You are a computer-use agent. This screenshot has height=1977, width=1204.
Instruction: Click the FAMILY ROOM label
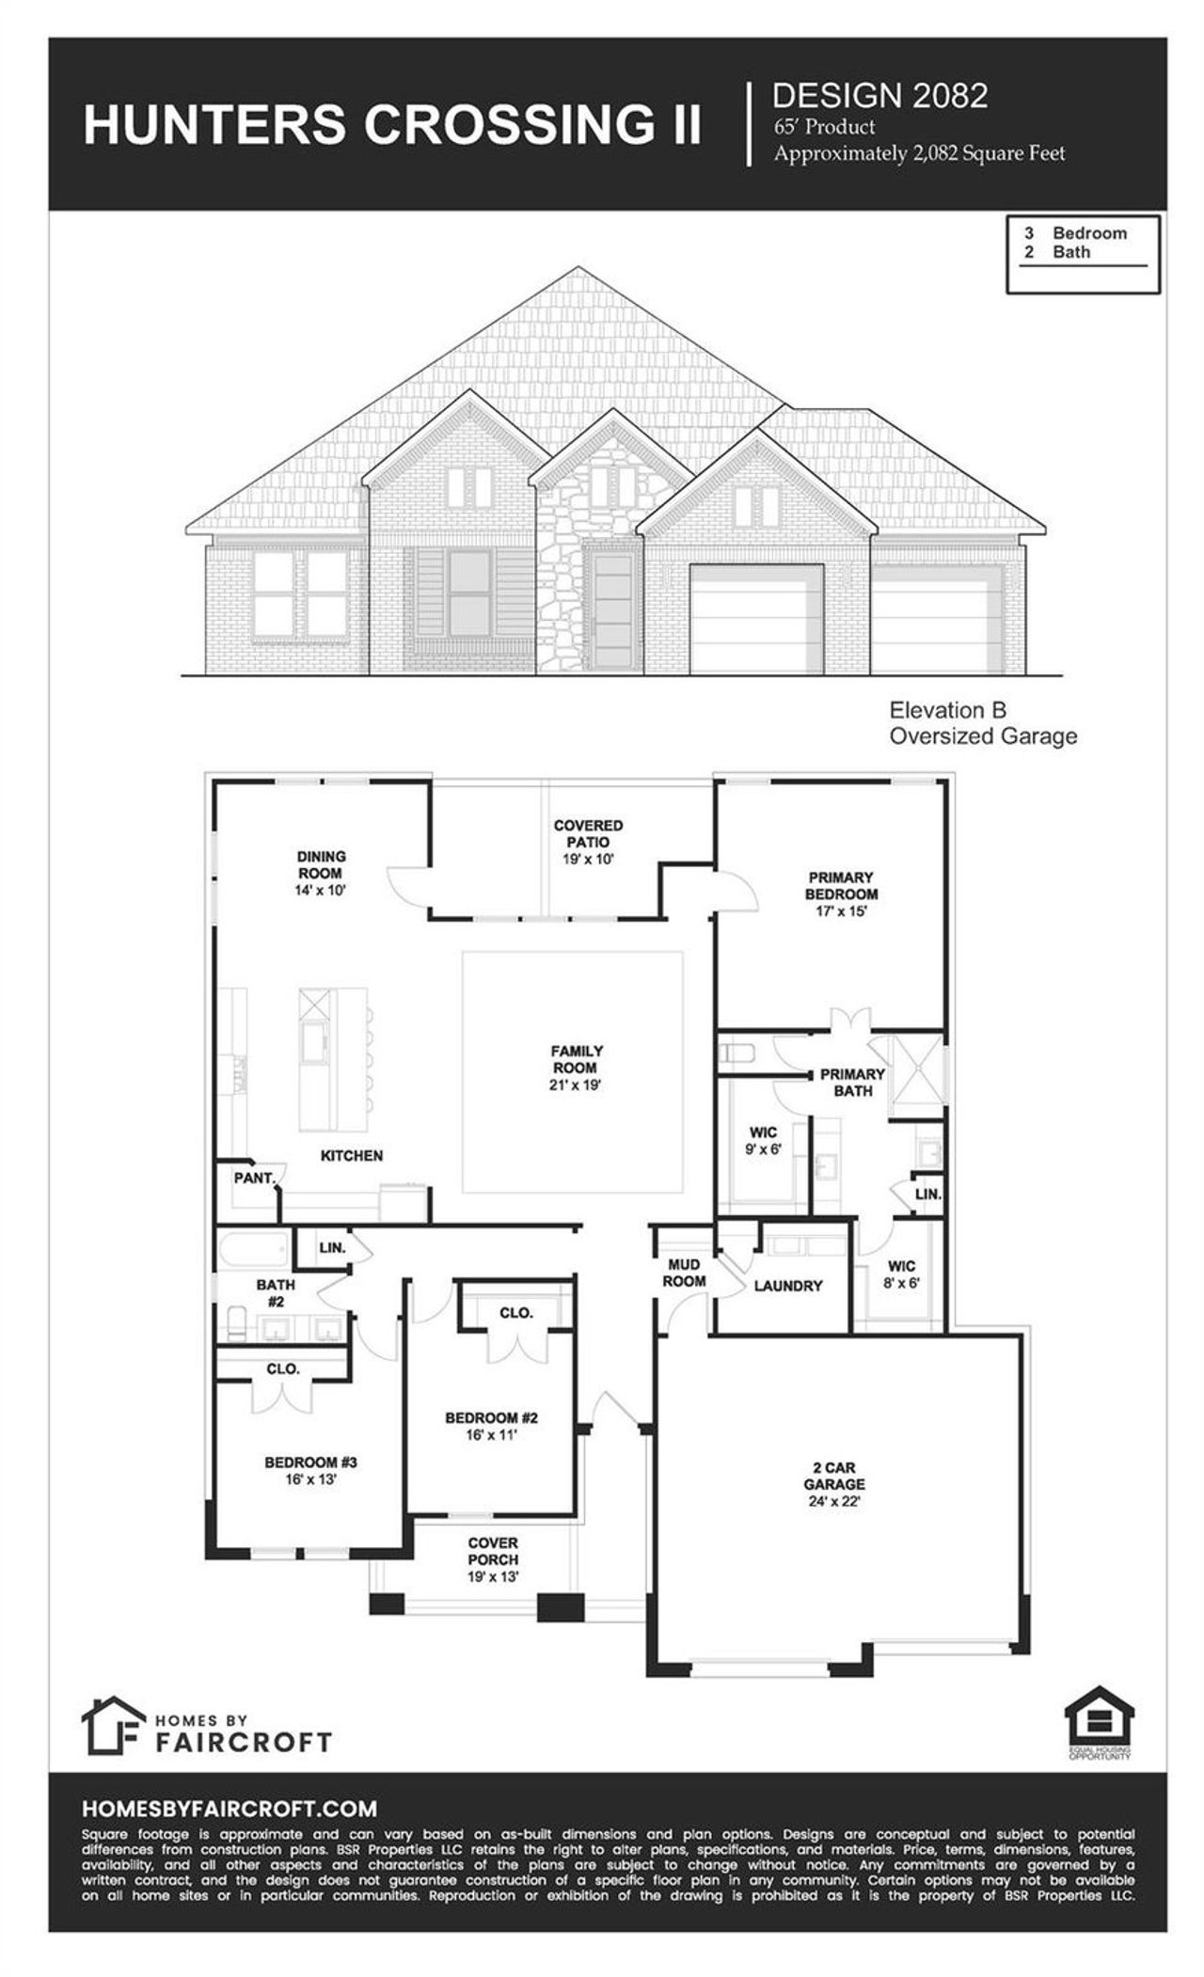pyautogui.click(x=576, y=1059)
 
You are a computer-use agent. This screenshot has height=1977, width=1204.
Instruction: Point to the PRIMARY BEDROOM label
pyautogui.click(x=841, y=886)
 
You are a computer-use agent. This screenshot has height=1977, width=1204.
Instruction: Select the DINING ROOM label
pyautogui.click(x=321, y=864)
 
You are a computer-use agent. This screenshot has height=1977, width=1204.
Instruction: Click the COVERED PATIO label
pyautogui.click(x=588, y=833)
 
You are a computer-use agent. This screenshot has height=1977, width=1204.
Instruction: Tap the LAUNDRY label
pyautogui.click(x=788, y=1286)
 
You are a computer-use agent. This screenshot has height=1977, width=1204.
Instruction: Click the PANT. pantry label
pyautogui.click(x=254, y=1178)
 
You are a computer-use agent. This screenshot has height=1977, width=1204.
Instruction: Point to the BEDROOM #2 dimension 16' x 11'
pyautogui.click(x=492, y=1435)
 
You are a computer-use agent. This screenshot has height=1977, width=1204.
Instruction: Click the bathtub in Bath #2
pyautogui.click(x=254, y=1252)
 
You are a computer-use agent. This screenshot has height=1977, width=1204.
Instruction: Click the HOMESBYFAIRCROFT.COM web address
pyautogui.click(x=230, y=1809)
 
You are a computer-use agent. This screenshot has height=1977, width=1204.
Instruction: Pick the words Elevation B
pyautogui.click(x=948, y=710)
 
